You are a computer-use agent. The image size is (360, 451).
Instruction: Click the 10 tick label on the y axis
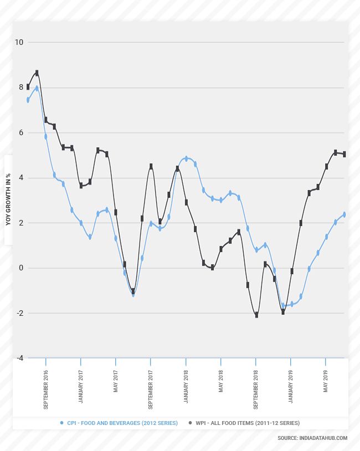click(19, 42)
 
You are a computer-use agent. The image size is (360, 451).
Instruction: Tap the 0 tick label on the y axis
click(20, 268)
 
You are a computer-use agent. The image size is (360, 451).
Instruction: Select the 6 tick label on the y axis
click(20, 132)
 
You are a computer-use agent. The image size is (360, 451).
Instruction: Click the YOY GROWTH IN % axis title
click(8, 199)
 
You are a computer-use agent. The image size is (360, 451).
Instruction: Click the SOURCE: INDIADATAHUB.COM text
click(312, 438)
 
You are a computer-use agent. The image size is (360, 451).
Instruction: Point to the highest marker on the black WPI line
click(37, 73)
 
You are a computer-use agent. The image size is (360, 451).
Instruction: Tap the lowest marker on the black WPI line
click(256, 315)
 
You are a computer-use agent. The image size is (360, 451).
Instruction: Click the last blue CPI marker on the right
click(344, 214)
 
